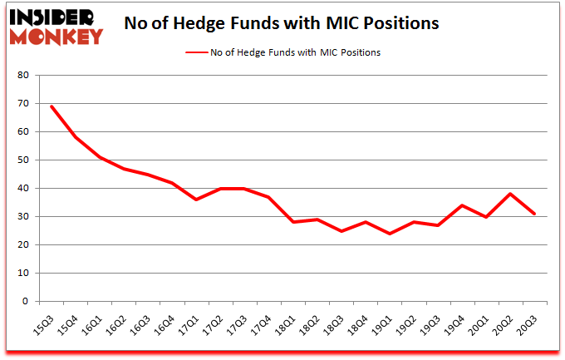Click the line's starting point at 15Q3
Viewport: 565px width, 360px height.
[52, 106]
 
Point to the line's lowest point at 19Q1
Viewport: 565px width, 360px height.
[391, 234]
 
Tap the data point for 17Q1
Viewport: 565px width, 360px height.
[197, 200]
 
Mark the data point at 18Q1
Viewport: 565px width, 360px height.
[293, 222]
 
